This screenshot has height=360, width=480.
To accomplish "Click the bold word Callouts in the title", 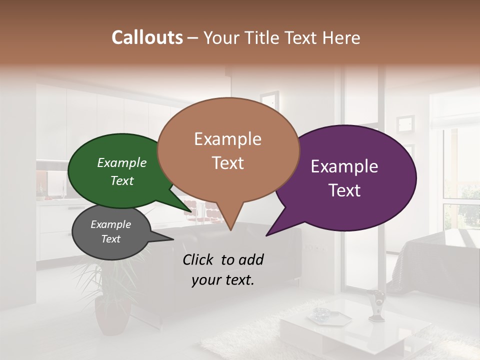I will pos(147,37).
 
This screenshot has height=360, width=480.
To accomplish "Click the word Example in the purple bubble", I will pos(344,166).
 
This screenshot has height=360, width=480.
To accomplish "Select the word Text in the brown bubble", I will pos(228,163).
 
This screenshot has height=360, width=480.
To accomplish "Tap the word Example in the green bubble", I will pos(122,162).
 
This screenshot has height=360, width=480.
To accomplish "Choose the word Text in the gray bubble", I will pos(111,239).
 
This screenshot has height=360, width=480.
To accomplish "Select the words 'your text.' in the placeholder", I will pos(223,280).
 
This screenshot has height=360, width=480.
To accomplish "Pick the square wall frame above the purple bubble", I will pos(405,123).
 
